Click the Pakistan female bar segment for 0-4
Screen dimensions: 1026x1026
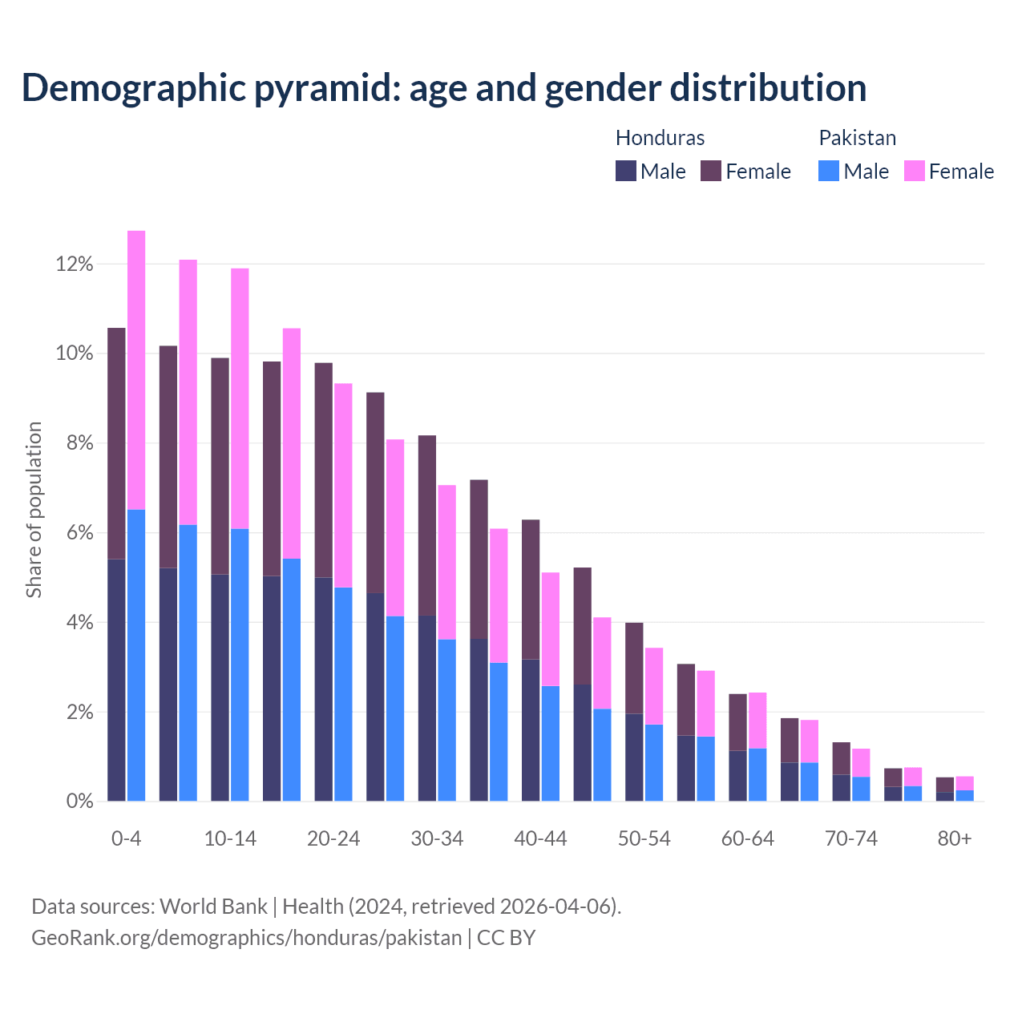pos(136,370)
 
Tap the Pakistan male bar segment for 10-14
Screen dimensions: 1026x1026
pos(240,664)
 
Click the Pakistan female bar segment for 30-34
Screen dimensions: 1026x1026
pos(446,562)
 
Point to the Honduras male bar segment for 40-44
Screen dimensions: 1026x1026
pos(531,729)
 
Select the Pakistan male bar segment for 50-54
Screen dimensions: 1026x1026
pos(654,762)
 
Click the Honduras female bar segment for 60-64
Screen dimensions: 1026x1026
pos(737,722)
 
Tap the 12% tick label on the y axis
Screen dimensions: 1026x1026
pos(75,265)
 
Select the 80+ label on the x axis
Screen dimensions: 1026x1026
pos(955,839)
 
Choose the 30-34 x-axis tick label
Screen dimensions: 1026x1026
pos(437,839)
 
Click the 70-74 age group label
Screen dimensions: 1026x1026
pos(851,839)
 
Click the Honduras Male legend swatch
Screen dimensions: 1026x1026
pos(626,171)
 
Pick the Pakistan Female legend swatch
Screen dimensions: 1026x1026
pos(915,171)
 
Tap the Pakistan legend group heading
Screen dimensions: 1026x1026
pos(857,138)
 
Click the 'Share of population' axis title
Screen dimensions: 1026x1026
pos(34,510)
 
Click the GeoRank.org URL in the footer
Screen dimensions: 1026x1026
pos(247,937)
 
